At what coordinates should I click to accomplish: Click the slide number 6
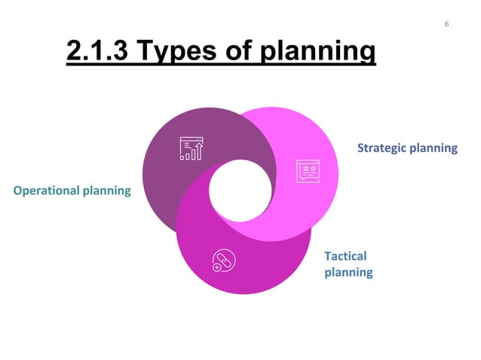446,25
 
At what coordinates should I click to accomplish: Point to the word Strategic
381,148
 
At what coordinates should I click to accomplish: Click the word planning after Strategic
433,148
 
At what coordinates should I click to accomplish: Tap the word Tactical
345,256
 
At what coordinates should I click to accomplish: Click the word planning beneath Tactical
348,272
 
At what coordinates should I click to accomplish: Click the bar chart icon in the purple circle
191,148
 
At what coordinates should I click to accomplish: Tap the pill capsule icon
224,260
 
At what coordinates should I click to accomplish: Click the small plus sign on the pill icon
217,267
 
